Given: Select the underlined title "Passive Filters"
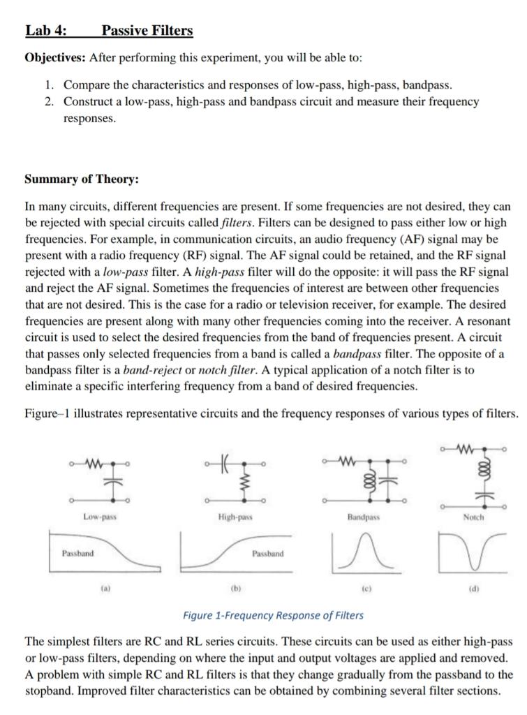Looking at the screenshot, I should pos(147,31).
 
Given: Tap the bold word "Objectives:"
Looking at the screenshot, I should pos(55,57).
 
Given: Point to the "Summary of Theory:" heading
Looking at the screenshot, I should pos(82,179).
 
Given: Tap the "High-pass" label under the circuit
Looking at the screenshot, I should pos(234,517).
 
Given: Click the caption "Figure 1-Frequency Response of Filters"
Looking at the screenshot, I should pos(273,615).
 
